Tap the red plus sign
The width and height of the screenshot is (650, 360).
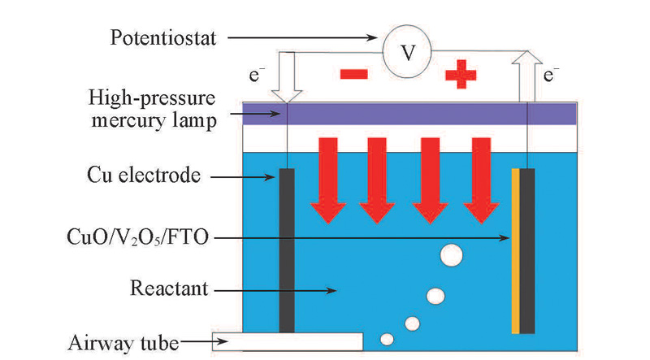460,76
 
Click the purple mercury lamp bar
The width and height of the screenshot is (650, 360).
410,114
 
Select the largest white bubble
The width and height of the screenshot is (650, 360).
452,257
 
